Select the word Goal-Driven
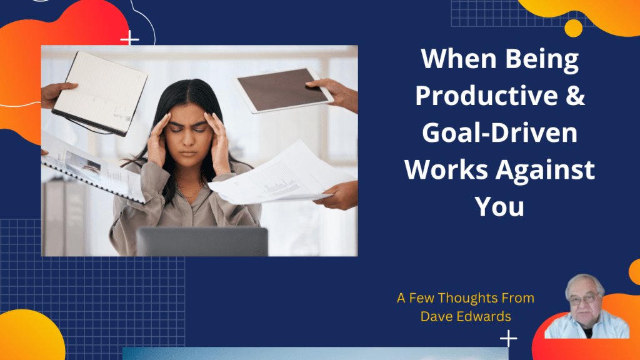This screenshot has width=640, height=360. click(499, 132)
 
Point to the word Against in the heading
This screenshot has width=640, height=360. click(545, 169)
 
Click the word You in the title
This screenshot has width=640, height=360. click(499, 206)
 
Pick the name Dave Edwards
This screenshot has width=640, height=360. click(466, 316)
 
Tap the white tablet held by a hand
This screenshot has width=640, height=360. click(283, 90)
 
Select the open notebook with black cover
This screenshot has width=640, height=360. click(100, 93)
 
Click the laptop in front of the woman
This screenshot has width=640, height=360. click(202, 242)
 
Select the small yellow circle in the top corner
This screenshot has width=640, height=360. click(574, 28)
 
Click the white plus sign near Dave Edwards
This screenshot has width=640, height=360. click(509, 338)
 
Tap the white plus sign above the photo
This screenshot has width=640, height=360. click(130, 38)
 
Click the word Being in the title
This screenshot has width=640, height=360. click(542, 59)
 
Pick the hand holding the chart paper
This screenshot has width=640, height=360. click(337, 196)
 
